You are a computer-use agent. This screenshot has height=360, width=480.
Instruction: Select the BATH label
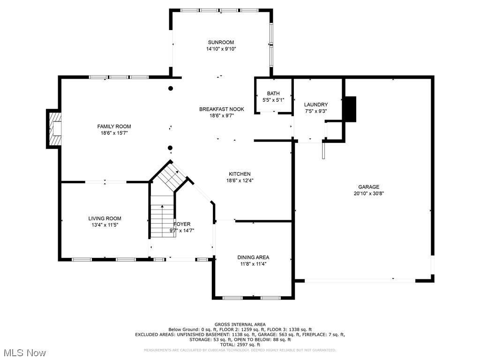[273, 94]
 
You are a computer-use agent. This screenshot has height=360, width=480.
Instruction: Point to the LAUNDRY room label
[315, 105]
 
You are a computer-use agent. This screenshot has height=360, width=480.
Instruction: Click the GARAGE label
[369, 187]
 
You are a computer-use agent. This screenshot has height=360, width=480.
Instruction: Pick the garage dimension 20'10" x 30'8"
[369, 193]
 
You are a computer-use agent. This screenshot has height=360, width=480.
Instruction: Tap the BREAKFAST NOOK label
[222, 109]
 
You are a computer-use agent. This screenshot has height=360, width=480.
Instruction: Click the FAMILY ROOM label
[114, 127]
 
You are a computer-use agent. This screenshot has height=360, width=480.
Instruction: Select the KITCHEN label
[240, 174]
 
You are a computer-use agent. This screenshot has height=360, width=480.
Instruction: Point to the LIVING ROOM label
[105, 218]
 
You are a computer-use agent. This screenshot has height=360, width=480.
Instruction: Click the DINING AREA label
[253, 257]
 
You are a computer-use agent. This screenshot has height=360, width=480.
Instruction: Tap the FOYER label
[182, 224]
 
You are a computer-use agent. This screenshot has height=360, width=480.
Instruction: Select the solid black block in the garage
[350, 108]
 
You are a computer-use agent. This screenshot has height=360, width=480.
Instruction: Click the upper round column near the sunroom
[171, 88]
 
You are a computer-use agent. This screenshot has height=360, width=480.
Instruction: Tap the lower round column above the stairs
[170, 148]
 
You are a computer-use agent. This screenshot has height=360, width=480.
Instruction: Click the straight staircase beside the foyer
[162, 221]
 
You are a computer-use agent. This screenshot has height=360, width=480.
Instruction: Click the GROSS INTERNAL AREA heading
[240, 324]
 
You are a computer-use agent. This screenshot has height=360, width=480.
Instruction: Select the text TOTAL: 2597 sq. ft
[240, 345]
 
